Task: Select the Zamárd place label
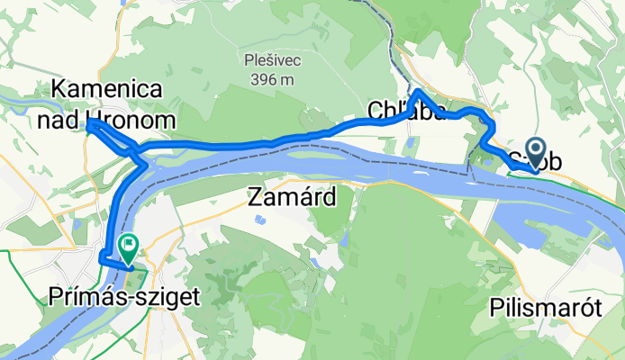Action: pos(292,196)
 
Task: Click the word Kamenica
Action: pos(107,90)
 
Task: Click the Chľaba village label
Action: pos(406,110)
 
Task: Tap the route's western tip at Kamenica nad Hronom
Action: pos(88,126)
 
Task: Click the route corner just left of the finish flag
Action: pos(102,259)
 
